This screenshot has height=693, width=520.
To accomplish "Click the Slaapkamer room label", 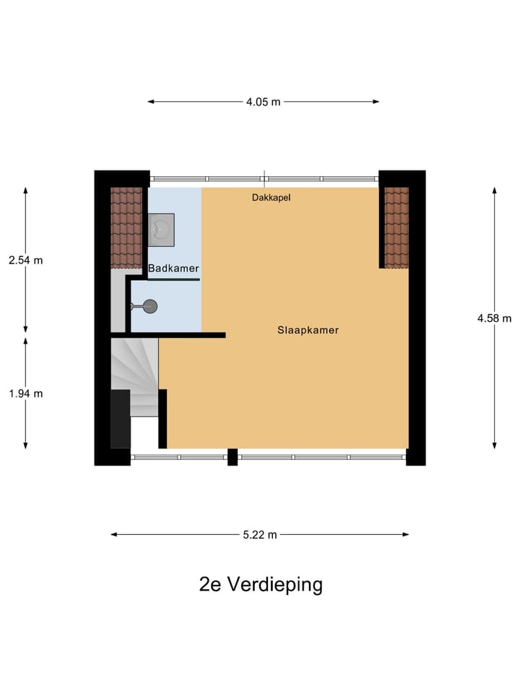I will click(308, 330).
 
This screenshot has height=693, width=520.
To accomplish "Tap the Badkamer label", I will click(173, 269).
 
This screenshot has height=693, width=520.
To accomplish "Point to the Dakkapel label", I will click(271, 197).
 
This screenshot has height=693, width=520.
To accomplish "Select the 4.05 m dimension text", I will click(263, 102).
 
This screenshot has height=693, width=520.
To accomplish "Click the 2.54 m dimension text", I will click(25, 260).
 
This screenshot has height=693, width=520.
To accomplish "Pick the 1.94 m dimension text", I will click(25, 393).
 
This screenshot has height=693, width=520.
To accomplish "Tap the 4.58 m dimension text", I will click(494, 318).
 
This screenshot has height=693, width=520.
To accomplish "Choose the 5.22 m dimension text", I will click(259, 535).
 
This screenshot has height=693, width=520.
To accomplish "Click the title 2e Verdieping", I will click(261, 584).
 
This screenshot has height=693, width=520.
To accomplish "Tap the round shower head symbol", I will click(149, 307).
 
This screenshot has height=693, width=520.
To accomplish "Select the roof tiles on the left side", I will click(126, 227).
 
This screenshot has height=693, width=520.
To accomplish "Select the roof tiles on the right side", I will click(396, 227).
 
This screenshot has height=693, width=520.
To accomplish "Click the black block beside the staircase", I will click(120, 419).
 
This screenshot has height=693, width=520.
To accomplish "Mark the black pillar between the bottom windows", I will click(233, 457).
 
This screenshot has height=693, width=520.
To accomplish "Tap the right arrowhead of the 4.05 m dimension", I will click(376, 102).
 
